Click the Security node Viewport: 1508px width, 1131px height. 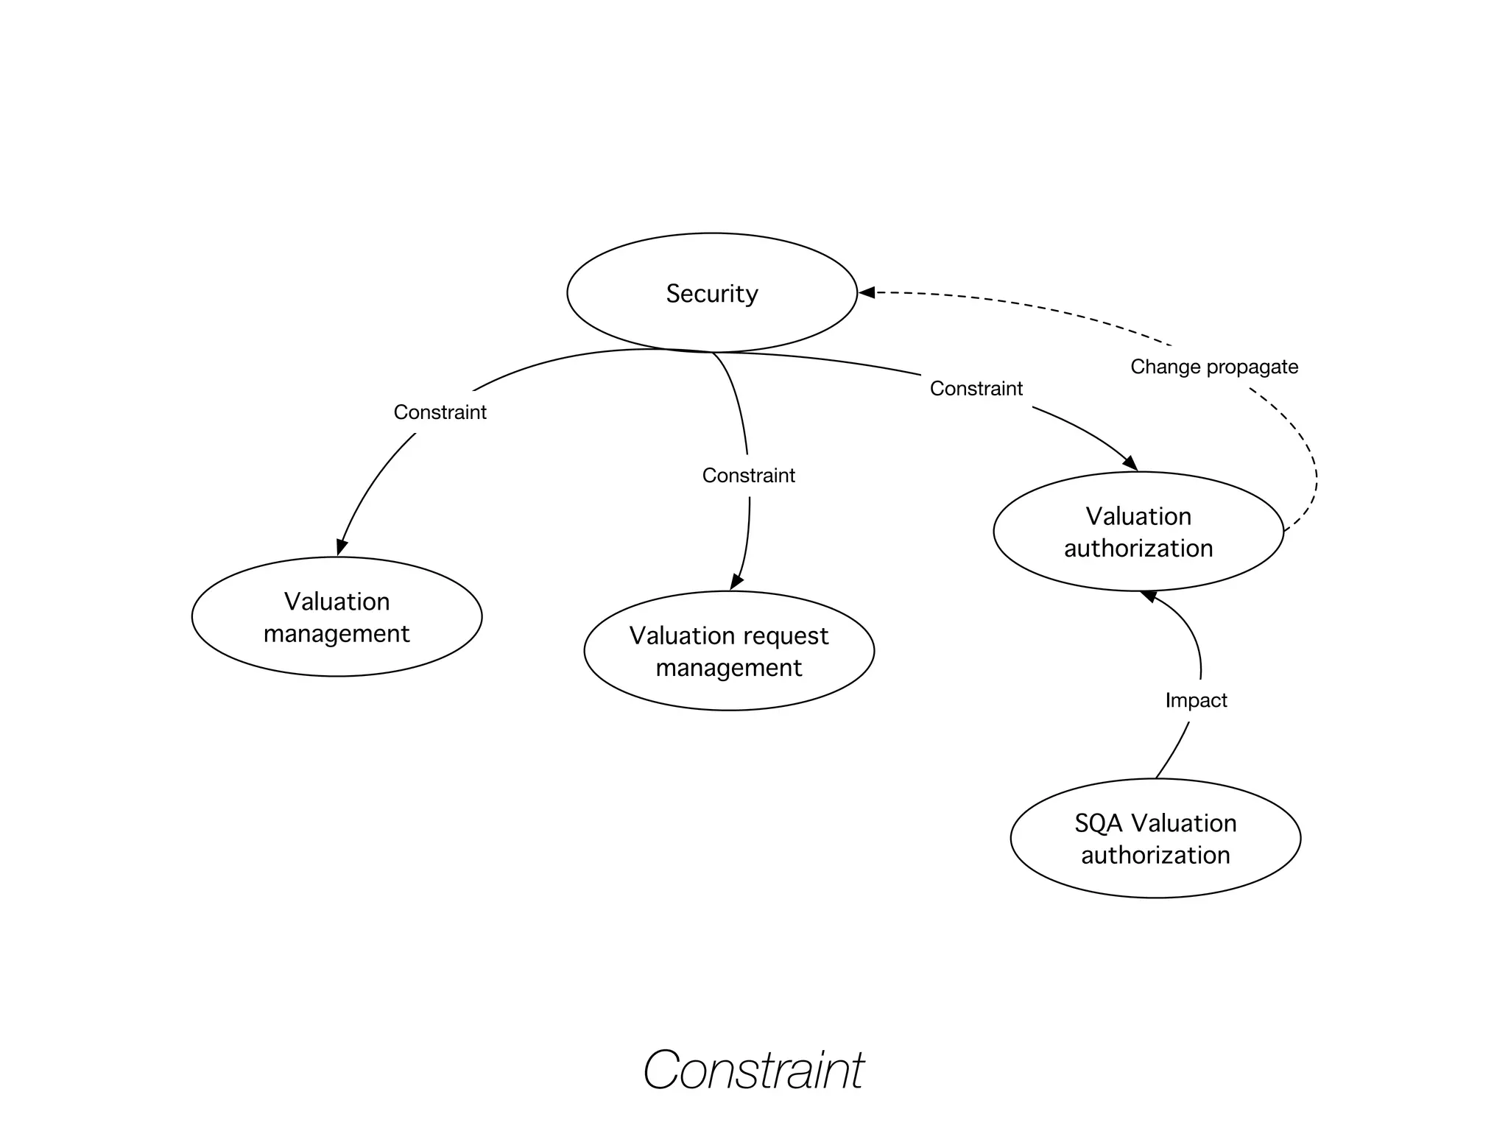point(711,293)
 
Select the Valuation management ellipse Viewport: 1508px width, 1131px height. point(337,617)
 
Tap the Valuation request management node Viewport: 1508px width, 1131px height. point(729,651)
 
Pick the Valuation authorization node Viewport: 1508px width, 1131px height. point(1138,532)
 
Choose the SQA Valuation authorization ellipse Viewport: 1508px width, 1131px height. point(1155,839)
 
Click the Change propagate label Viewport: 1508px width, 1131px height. point(1213,367)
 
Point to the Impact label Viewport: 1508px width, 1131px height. point(1196,700)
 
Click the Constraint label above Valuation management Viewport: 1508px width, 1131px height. point(440,412)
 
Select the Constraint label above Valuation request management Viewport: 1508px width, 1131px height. point(748,476)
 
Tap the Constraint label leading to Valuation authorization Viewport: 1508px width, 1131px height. point(976,389)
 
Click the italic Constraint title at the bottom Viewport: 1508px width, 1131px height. point(753,1070)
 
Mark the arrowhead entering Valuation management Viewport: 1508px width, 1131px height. point(341,547)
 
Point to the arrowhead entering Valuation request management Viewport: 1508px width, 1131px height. point(736,582)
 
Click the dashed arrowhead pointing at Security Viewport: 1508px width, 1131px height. point(867,292)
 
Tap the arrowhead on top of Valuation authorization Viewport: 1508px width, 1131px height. point(1130,463)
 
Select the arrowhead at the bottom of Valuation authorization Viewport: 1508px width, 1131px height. point(1149,596)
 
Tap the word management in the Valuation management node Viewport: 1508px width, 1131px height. point(337,634)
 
